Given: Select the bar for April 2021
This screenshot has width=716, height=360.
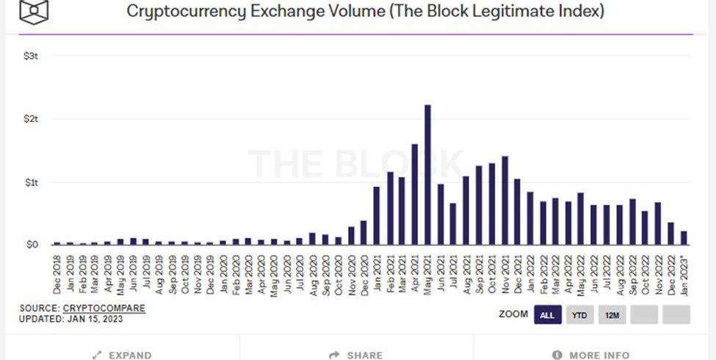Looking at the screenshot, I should pos(415,195).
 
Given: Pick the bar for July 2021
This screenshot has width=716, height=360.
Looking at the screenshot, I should pos(453,223).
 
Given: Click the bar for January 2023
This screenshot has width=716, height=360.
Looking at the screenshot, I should pos(684,237).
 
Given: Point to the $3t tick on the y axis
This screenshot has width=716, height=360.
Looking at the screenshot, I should pos(31,56).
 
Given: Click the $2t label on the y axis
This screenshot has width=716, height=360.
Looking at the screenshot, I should pos(31,119).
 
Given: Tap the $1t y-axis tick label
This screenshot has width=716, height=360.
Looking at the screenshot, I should pos(31,182).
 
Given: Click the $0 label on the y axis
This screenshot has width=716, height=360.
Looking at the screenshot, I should pos(32,245).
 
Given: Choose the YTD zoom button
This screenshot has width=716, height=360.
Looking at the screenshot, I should pos(579,315).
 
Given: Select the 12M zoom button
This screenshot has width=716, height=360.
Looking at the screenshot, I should pos(612,315).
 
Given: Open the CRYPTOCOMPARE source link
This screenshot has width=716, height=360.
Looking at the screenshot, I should pos(104,308).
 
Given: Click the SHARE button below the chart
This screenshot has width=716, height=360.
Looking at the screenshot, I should pos(357,355).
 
